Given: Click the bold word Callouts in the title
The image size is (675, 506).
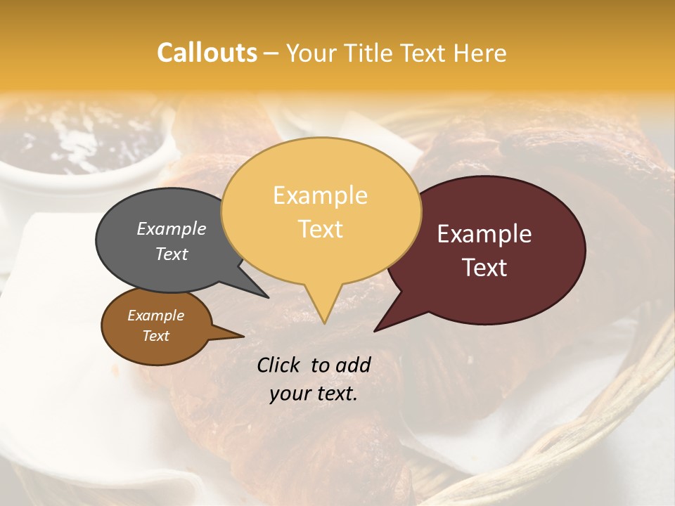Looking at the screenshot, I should [207, 53].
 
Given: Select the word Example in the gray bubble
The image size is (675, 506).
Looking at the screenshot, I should [172, 228].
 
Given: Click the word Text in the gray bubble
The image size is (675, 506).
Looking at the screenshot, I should [172, 254].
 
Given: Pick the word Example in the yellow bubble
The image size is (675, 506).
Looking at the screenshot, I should [320, 195].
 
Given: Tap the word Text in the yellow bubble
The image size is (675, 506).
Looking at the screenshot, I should [320, 228].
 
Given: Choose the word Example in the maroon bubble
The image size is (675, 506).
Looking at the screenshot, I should [484, 234].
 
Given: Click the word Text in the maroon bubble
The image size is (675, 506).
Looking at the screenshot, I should [484, 268].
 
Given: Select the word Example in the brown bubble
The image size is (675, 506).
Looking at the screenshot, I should [155, 316].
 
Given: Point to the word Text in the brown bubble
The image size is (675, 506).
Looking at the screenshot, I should [155, 336].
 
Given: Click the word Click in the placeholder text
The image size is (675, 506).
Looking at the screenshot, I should [280, 365].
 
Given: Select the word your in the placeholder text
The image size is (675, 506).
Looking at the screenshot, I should [290, 394].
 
